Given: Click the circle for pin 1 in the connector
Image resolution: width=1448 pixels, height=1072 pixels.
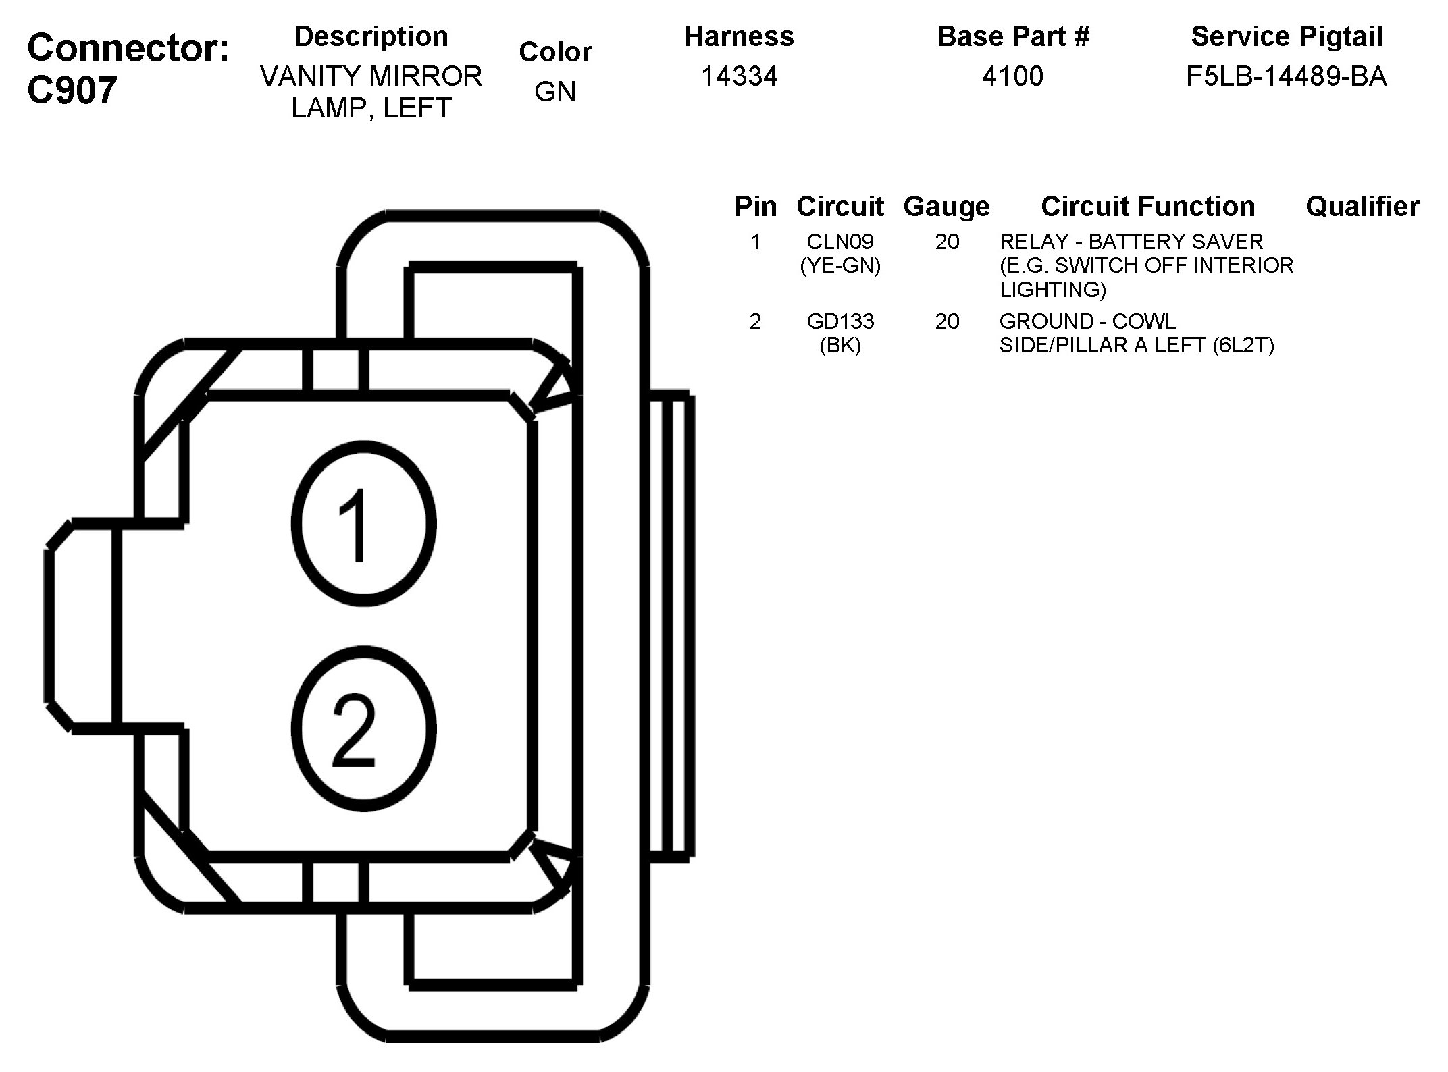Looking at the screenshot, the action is (x=363, y=525).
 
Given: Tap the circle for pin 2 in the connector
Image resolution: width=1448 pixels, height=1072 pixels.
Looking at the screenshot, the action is (x=363, y=729).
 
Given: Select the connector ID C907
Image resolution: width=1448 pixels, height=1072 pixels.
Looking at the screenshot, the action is (x=72, y=90).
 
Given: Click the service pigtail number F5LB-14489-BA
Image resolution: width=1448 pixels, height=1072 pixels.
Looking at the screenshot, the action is (x=1286, y=76).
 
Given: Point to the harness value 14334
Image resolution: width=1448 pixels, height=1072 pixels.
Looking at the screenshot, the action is (x=739, y=76).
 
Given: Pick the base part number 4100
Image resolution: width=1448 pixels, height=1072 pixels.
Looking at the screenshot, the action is (x=1012, y=76).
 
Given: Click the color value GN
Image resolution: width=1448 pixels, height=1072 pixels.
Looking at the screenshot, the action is (x=555, y=92).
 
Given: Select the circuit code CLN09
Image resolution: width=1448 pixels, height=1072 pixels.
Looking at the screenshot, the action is (x=840, y=242).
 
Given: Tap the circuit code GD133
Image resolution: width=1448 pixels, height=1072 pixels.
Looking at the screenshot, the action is (x=840, y=321).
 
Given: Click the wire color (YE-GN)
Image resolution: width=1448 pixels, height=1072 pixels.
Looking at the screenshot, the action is (x=840, y=266).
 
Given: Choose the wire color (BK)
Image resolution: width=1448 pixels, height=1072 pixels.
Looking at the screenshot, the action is (x=840, y=346).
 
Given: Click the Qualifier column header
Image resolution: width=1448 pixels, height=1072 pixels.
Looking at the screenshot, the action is (x=1362, y=207).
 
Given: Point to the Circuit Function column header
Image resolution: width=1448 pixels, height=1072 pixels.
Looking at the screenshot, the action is (x=1147, y=207).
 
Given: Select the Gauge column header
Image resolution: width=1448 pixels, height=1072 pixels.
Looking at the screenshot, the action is (x=946, y=207).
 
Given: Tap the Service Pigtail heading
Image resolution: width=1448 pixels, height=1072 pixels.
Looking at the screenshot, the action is (x=1287, y=36).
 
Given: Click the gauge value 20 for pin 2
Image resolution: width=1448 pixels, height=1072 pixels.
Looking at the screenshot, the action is (x=947, y=321).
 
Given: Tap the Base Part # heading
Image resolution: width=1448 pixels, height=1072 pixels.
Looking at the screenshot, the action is (x=1013, y=36).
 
